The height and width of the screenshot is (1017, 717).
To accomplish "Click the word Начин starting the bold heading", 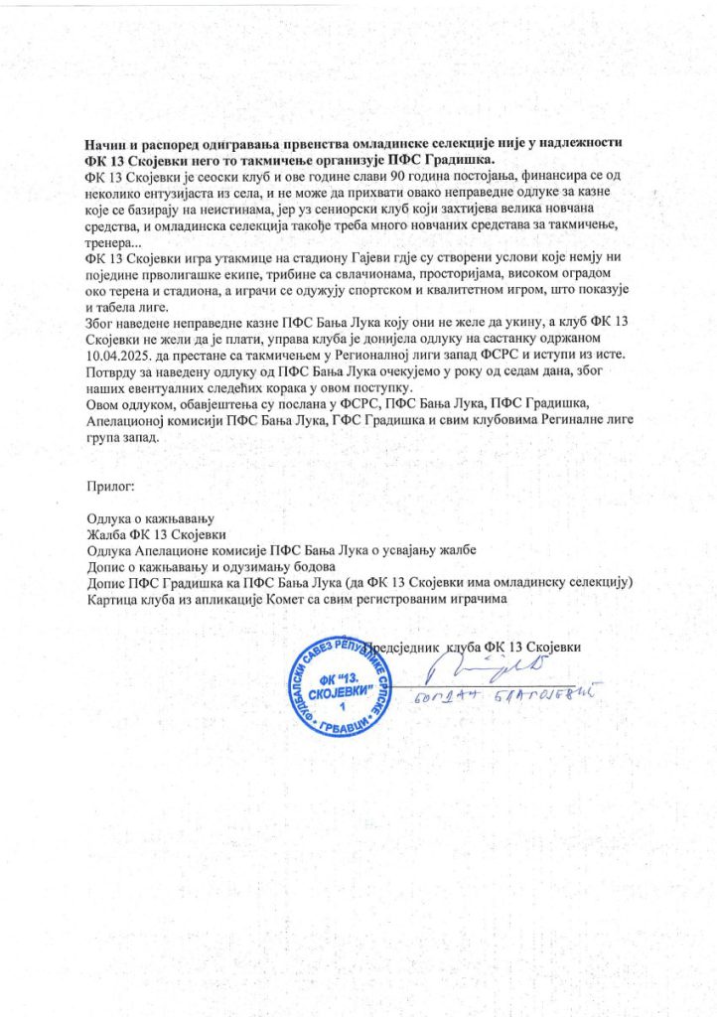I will pyautogui.click(x=107, y=145).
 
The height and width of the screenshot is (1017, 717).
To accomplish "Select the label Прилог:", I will pyautogui.click(x=110, y=487).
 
